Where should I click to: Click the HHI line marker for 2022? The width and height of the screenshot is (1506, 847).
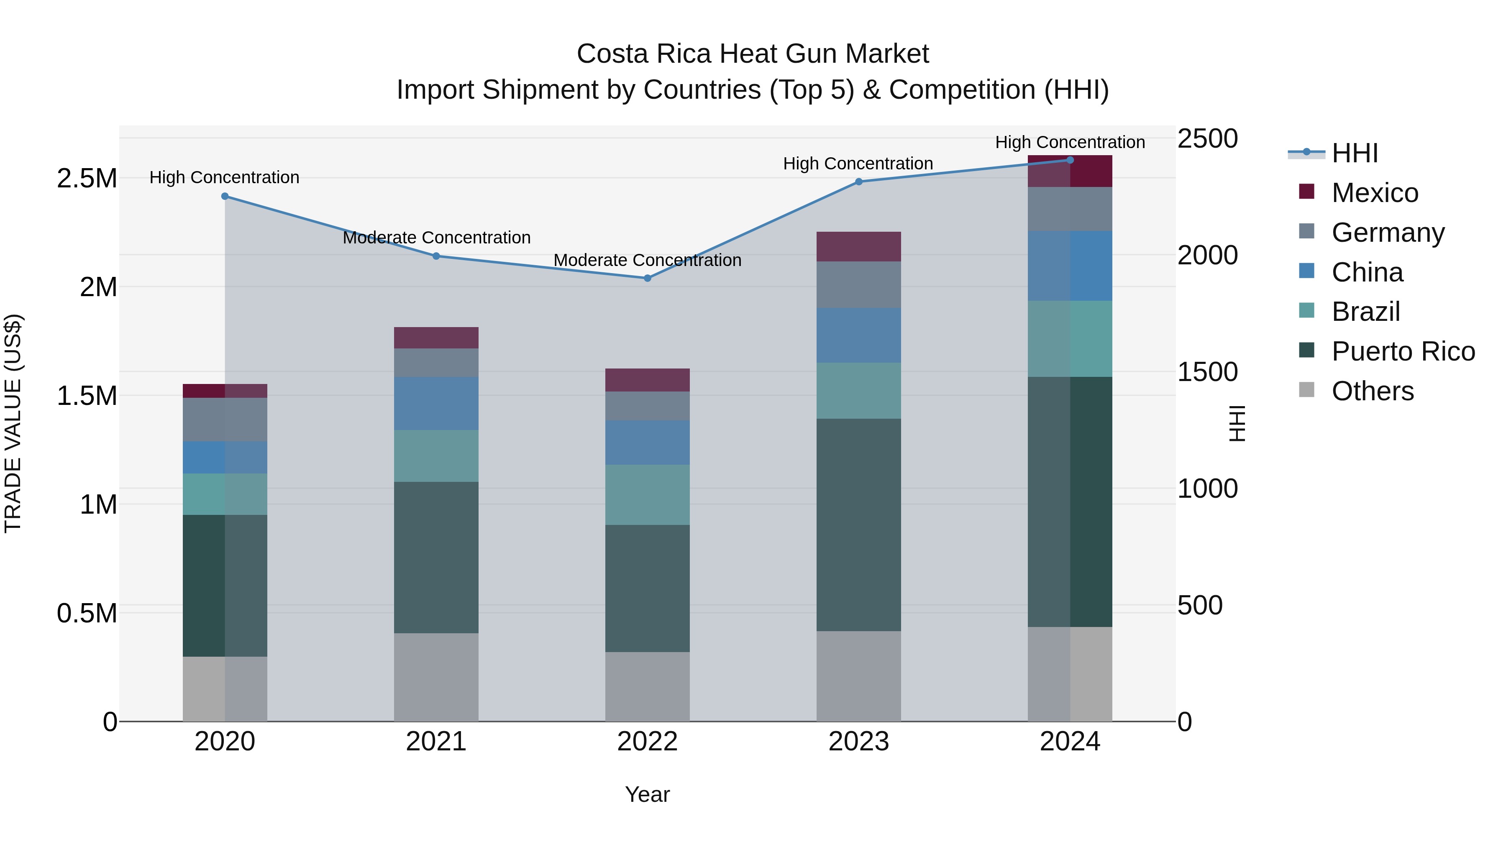(x=647, y=278)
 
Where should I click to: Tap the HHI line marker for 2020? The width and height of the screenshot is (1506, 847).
(x=225, y=197)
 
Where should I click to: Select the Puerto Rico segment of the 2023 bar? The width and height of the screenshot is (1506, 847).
(x=858, y=525)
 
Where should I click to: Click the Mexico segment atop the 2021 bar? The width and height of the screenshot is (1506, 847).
(x=436, y=338)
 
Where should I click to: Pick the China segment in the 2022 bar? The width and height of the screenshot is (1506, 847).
(x=647, y=443)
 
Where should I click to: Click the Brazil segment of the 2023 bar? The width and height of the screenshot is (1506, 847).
(x=858, y=391)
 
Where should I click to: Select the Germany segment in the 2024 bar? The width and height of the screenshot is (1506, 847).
(x=1070, y=209)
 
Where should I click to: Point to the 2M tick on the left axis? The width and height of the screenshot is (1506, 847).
(x=98, y=287)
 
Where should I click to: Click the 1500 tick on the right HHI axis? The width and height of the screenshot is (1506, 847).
(x=1207, y=372)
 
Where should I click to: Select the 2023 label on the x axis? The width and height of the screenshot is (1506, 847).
(x=858, y=742)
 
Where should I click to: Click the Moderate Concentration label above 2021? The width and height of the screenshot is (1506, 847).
(x=436, y=238)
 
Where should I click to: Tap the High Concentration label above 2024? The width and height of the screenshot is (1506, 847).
(x=1069, y=143)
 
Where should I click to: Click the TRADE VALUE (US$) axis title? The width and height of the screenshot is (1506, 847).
(x=13, y=423)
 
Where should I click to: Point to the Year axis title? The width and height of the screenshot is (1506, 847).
(x=647, y=794)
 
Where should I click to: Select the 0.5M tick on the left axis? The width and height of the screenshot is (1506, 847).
(x=87, y=613)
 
